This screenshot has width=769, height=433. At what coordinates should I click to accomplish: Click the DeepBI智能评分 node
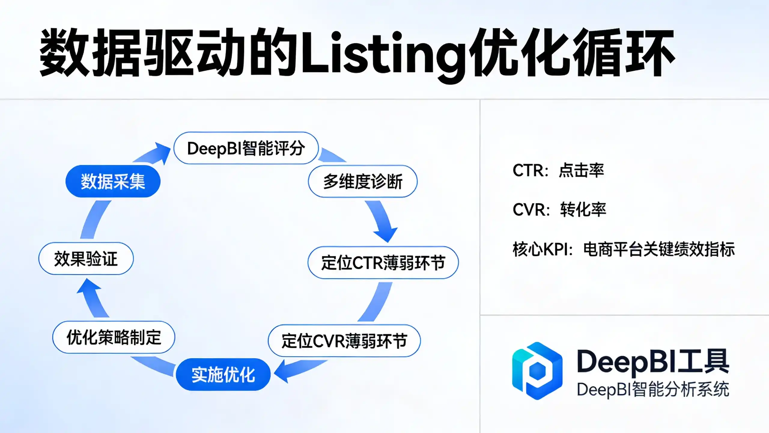pos(246,148)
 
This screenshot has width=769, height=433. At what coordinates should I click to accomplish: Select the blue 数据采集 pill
pos(113,181)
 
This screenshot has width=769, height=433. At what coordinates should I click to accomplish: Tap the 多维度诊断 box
pos(363,181)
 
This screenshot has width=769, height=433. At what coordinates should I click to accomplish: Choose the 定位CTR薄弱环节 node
pos(383,263)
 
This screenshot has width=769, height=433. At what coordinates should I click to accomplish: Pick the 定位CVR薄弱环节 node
pos(344,341)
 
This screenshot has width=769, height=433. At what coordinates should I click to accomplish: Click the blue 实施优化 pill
pos(223,374)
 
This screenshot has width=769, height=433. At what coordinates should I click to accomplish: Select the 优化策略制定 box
pos(114,337)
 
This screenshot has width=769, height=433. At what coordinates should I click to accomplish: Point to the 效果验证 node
pos(86,258)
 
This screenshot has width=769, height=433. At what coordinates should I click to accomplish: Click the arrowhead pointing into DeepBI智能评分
pos(162,153)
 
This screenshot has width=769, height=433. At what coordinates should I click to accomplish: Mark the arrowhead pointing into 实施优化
pos(282,372)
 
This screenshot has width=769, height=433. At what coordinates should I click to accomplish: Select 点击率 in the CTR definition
pos(581,170)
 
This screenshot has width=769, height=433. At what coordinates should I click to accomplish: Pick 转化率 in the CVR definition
pos(583,209)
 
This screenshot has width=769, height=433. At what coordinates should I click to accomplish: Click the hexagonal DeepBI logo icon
pos(537,371)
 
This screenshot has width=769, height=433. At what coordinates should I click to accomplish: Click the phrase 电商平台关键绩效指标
pos(659,249)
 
